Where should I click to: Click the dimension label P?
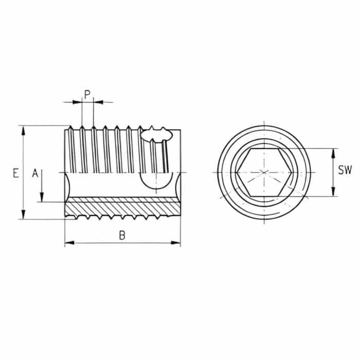click(x=87, y=94)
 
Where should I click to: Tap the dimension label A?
click(x=35, y=173)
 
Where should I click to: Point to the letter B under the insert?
click(x=122, y=236)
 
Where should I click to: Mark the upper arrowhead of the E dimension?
click(x=24, y=129)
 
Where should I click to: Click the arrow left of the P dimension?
click(x=77, y=102)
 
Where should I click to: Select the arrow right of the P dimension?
click(x=98, y=102)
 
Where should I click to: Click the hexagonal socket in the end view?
click(x=263, y=172)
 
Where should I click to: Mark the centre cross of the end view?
click(x=263, y=172)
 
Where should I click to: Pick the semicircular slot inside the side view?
click(x=156, y=181)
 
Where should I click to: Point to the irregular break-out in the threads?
click(x=156, y=135)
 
